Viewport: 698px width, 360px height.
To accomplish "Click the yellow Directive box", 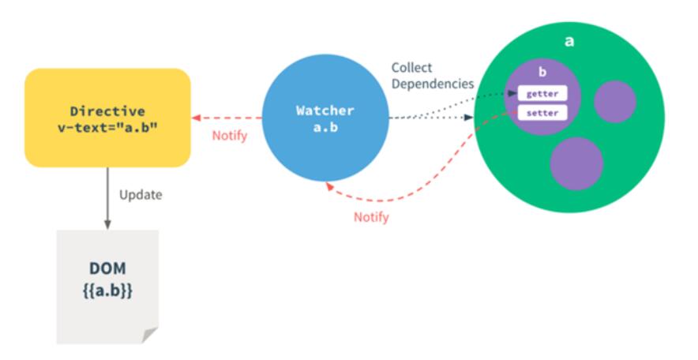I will tap(107, 118).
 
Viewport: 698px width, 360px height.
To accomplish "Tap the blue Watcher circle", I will tap(325, 118).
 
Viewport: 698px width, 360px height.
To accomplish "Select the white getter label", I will tap(542, 95).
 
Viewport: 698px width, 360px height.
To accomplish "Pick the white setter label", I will tap(542, 113).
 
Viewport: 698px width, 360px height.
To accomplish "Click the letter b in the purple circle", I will tap(542, 73).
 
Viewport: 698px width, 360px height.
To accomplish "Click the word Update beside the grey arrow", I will tap(141, 194).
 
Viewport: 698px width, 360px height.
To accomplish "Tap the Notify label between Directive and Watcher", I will tap(230, 136).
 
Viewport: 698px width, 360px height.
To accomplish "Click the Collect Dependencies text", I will tap(433, 75).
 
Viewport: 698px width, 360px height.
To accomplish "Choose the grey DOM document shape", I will tap(107, 284).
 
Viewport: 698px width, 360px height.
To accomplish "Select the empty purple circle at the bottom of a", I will tap(576, 163).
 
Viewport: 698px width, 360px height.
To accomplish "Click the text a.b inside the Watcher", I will tap(325, 127).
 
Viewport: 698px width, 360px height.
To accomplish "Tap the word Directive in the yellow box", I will tap(107, 112).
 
